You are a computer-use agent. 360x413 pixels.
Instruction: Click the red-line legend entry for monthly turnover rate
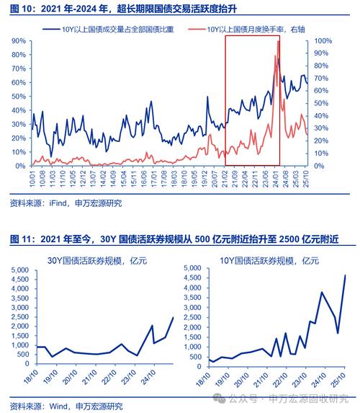coord(247,30)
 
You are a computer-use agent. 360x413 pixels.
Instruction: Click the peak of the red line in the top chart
coord(278,42)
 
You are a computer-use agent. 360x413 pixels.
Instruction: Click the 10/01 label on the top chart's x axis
coord(32,177)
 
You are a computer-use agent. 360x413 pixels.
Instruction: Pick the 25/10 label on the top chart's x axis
coord(307,177)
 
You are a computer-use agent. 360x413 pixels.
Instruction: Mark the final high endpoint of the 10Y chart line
coord(345,275)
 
